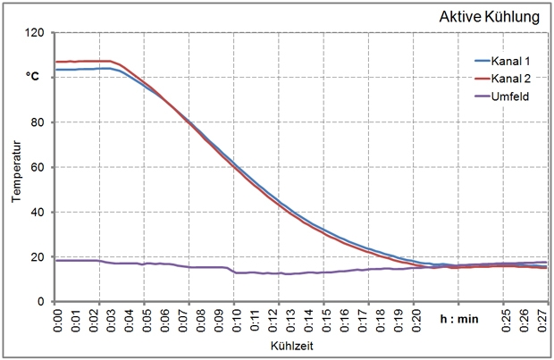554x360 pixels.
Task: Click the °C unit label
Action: point(33,77)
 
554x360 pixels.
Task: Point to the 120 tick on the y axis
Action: point(35,33)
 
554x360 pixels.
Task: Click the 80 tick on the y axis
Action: point(38,122)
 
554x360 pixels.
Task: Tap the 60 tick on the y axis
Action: point(38,167)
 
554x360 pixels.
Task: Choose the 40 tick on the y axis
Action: point(38,212)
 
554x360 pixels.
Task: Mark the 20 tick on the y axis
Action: point(38,257)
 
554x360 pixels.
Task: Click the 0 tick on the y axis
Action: point(41,302)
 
